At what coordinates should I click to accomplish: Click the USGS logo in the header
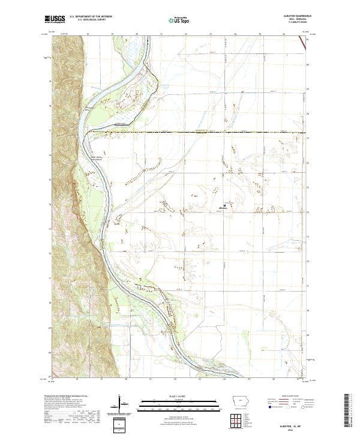tap(55, 20)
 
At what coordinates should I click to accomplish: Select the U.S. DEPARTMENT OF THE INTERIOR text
tap(89, 17)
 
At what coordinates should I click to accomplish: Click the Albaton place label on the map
tap(223, 210)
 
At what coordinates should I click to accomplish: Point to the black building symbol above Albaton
tap(224, 205)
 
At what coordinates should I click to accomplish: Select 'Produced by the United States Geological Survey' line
tap(63, 397)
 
